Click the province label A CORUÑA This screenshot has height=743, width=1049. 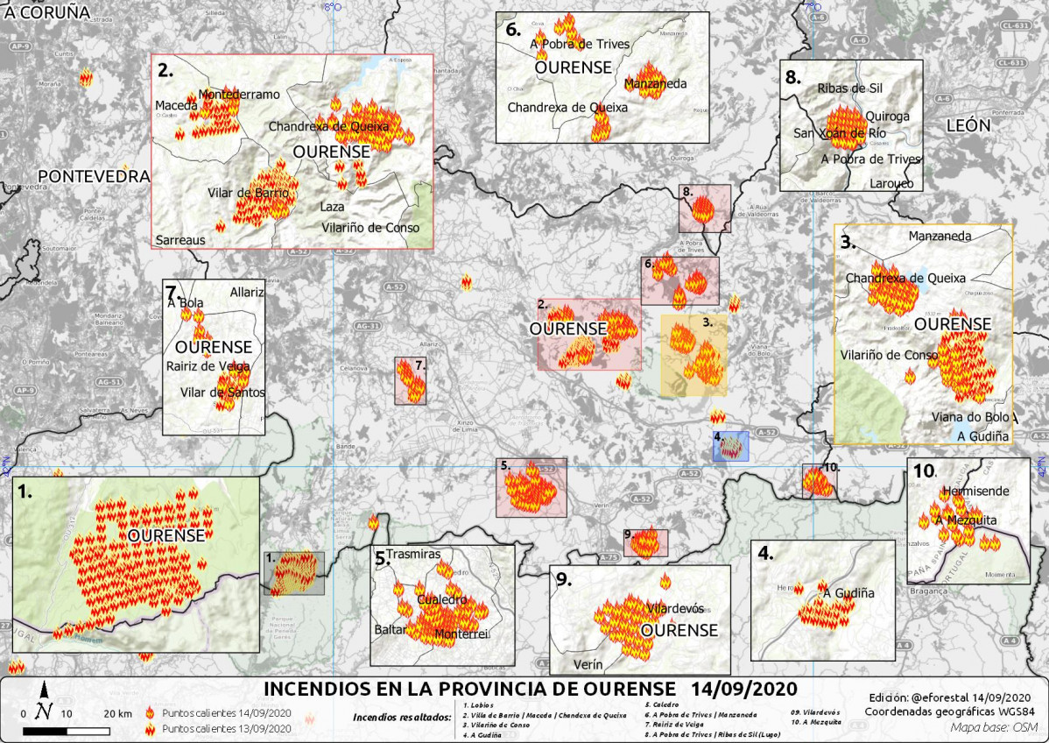point(47,12)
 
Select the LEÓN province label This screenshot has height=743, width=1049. point(968,125)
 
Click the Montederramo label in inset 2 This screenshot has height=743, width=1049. point(239,95)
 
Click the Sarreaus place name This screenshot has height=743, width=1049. point(181,239)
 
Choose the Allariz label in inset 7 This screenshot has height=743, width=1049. point(246,292)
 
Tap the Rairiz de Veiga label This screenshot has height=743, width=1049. point(209,366)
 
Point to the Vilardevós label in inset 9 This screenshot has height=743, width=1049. point(674,608)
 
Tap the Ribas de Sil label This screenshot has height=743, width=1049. point(849,88)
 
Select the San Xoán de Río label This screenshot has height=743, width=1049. point(840,133)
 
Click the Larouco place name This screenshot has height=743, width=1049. point(891,183)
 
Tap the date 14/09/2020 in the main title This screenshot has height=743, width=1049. point(743,686)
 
